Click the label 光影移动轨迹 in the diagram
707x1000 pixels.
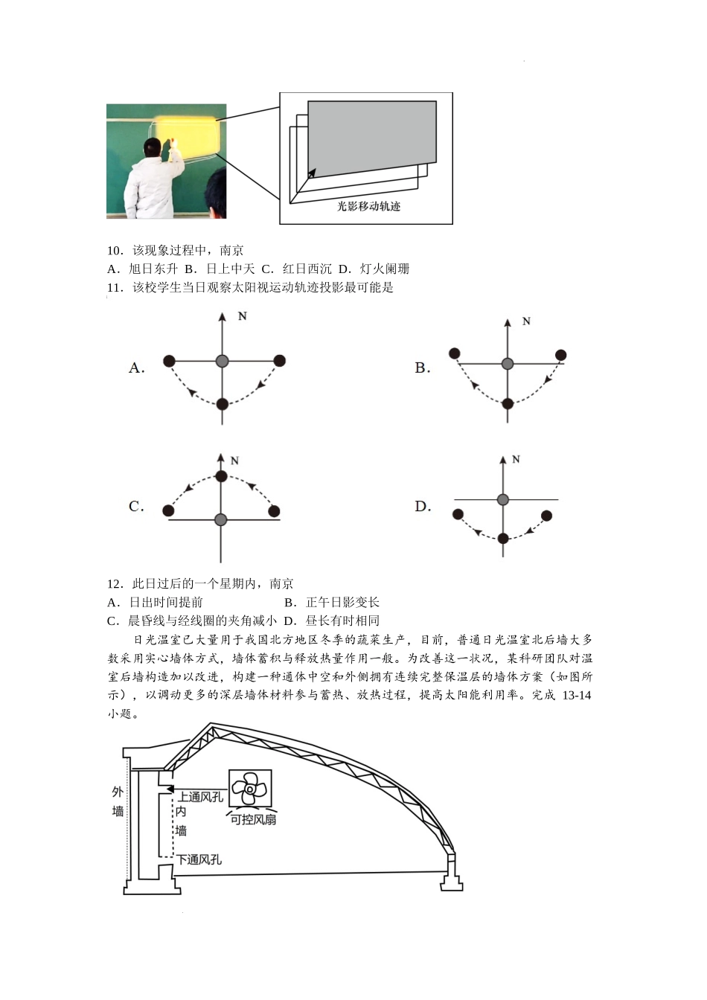coord(368,206)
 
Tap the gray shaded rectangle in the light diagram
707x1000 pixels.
coord(372,134)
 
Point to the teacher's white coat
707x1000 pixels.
coord(153,190)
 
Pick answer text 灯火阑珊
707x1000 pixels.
coord(385,269)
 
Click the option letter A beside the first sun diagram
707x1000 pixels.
coord(136,368)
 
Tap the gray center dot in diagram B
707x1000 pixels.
coord(508,364)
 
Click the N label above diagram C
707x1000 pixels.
coord(234,461)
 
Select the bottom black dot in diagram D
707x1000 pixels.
coord(503,538)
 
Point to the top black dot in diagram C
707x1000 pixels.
coord(220,476)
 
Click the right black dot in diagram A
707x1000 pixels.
coord(280,361)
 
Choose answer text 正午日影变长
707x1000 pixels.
coord(342,602)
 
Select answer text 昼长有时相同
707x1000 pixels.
coord(342,621)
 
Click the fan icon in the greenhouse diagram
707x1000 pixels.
coord(250,787)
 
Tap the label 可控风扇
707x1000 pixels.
coord(253,819)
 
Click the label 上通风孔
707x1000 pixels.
coord(200,797)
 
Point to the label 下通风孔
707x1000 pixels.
coord(199,859)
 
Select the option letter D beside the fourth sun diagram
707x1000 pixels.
coord(423,507)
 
